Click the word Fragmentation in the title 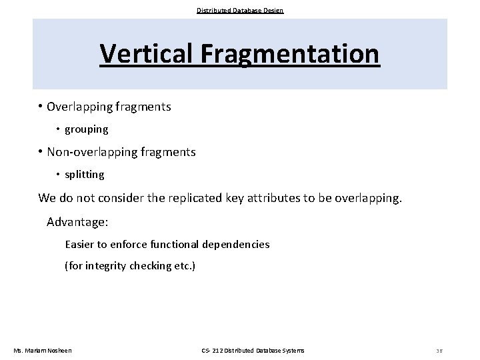[x=288, y=53]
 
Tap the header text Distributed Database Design [x=240, y=11]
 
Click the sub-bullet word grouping [x=86, y=129]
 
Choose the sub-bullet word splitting [x=85, y=175]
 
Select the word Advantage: [x=77, y=221]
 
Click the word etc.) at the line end [x=182, y=266]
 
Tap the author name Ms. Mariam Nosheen [x=43, y=351]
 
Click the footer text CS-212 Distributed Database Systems [x=253, y=351]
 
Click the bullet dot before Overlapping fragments [x=41, y=107]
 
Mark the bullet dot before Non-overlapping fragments [x=41, y=152]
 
